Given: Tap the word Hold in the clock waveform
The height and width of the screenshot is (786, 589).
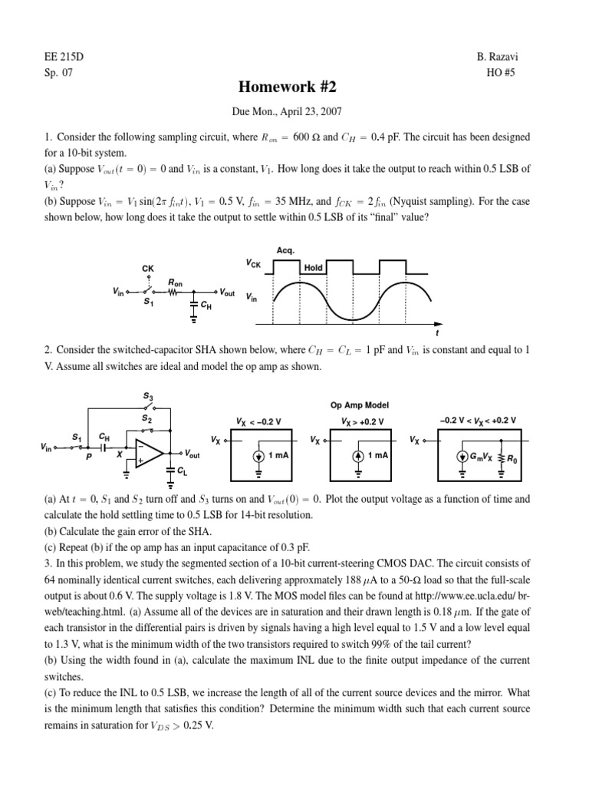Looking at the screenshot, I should [313, 268].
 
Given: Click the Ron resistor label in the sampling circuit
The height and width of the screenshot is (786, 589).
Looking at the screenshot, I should [177, 283].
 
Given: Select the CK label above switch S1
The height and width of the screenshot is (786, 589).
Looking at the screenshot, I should [148, 268].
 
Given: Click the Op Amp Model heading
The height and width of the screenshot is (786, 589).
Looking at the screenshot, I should [360, 405].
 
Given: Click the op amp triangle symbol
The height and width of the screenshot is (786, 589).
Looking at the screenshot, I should [148, 454].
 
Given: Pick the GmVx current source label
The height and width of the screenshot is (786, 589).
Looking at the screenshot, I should [483, 456].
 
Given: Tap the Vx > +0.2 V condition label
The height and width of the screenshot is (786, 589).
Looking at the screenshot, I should [359, 421].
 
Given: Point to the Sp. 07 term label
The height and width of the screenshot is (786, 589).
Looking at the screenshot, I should [59, 73].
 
